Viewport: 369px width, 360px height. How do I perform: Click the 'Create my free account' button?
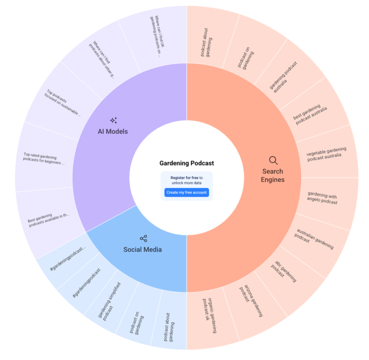(186, 193)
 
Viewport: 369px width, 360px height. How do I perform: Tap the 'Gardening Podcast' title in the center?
(186, 163)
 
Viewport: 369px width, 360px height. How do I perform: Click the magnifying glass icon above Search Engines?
(273, 161)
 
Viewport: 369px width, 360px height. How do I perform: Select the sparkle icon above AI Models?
(114, 120)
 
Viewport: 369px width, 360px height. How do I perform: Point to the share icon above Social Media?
(143, 238)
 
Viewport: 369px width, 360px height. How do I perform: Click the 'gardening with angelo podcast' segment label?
(322, 198)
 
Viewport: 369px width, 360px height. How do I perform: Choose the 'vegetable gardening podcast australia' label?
(326, 154)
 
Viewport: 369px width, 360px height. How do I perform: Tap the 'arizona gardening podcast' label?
(251, 301)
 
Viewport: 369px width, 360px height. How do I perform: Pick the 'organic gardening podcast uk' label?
(210, 316)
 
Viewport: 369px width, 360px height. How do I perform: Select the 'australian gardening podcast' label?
(314, 239)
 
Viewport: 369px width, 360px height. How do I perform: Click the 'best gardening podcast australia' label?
(310, 115)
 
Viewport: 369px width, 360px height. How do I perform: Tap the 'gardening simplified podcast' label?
(109, 301)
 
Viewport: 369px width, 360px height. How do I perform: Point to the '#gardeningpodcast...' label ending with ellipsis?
(68, 259)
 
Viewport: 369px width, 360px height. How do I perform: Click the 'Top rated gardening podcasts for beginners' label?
(43, 159)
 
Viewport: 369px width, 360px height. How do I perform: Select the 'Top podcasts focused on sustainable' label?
(62, 103)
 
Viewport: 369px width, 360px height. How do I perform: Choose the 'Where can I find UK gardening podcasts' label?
(157, 36)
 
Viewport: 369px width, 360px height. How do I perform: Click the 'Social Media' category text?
(143, 250)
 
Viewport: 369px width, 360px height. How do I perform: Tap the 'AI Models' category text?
(113, 131)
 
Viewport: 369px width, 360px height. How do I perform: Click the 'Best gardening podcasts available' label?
(49, 220)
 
